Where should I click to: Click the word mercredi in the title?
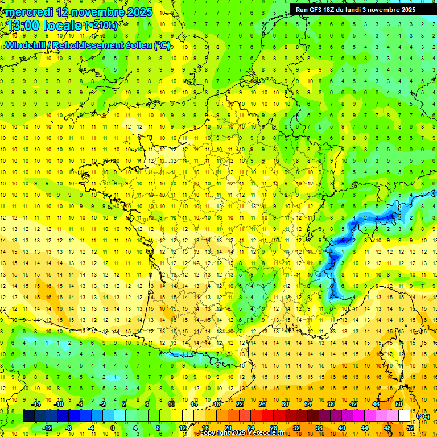pyautogui.click(x=28, y=12)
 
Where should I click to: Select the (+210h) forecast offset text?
pyautogui.click(x=101, y=25)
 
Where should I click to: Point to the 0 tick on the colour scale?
pyautogui.click(x=113, y=427)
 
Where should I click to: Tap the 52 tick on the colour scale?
pyautogui.click(x=410, y=427)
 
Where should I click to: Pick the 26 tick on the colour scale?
pyautogui.click(x=262, y=404)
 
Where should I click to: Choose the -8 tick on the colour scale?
pyautogui.click(x=69, y=427)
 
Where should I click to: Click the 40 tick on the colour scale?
pyautogui.click(x=342, y=427)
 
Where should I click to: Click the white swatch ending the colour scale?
pyautogui.click(x=405, y=416)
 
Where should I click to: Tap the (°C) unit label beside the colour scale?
pyautogui.click(x=424, y=416)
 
